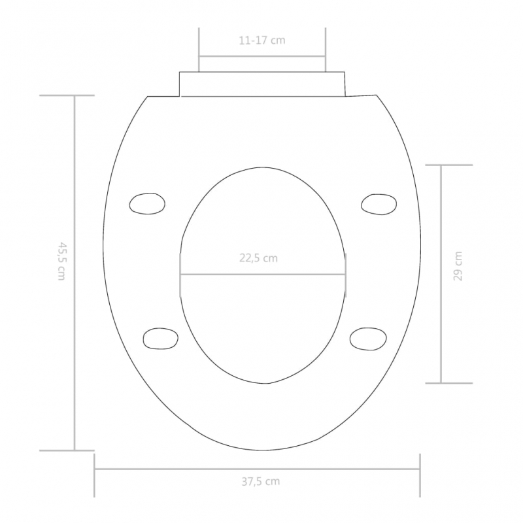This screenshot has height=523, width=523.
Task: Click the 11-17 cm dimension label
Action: [262, 41]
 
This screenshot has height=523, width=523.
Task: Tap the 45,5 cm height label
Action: [61, 260]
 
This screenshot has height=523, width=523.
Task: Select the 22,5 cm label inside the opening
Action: [258, 258]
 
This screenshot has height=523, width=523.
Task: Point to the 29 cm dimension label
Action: [458, 266]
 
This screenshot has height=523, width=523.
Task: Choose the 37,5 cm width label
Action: [261, 482]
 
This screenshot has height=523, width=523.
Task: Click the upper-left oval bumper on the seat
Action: [147, 203]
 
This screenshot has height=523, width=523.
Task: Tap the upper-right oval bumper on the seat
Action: [379, 204]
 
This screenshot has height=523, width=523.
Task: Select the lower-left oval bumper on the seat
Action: [160, 339]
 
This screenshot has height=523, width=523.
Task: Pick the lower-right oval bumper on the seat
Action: [368, 339]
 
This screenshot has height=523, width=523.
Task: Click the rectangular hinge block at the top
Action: [263, 84]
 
